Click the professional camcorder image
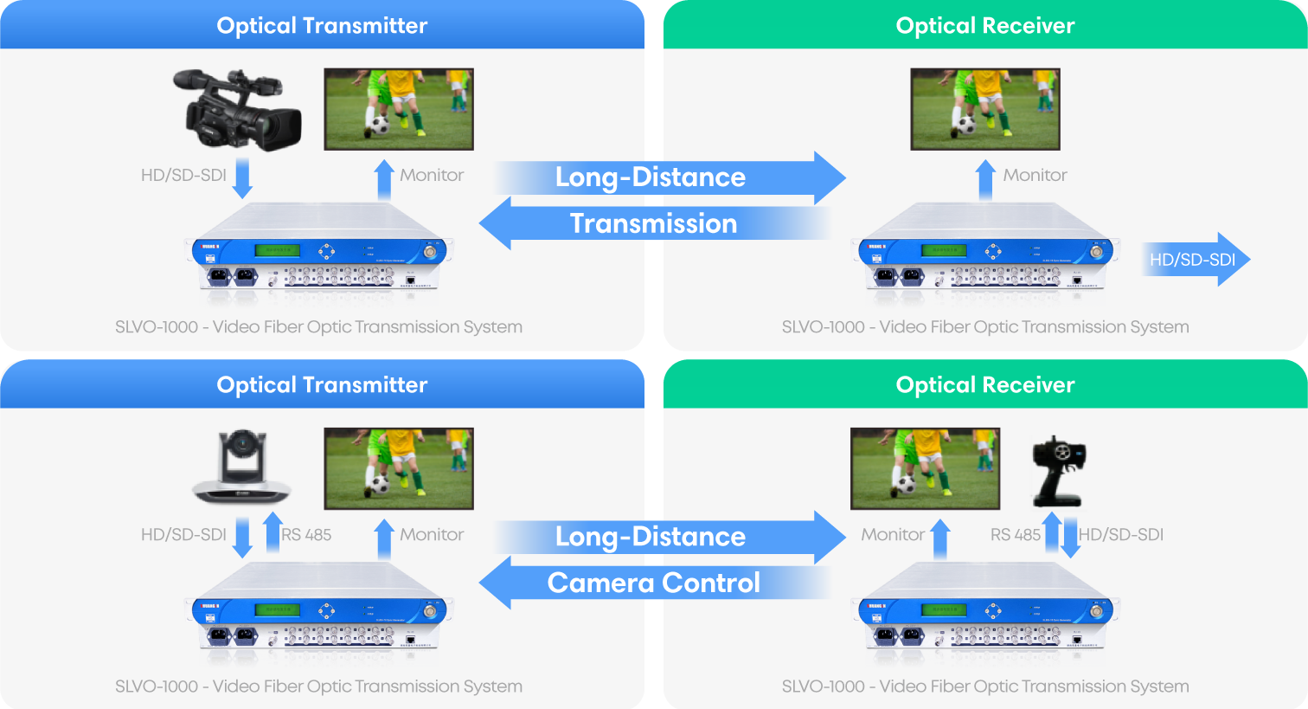[235, 104]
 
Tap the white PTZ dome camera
[242, 468]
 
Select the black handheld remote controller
[1062, 475]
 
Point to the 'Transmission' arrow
[654, 223]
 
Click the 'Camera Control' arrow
[654, 583]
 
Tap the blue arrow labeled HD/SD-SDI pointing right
[1195, 259]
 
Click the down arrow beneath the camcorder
[243, 177]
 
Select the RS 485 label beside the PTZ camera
[306, 535]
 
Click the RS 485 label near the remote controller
[1015, 535]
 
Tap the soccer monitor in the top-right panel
[984, 109]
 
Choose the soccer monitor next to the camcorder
[399, 109]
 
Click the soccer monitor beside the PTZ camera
[399, 468]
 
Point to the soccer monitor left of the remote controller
[925, 468]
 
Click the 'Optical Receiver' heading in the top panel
[984, 26]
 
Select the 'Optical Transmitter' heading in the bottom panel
[322, 385]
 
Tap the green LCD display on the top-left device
[277, 250]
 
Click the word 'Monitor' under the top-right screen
[1035, 176]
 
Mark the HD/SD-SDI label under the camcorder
[183, 176]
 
